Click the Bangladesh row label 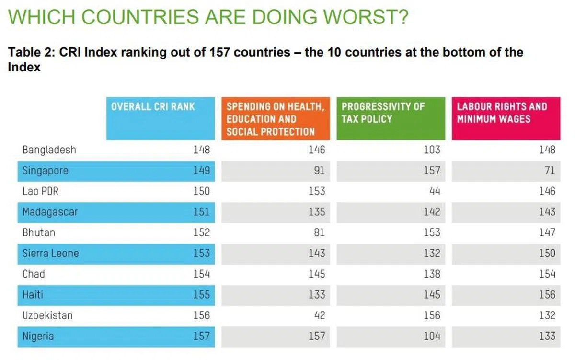pyautogui.click(x=49, y=150)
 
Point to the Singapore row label pyautogui.click(x=46, y=170)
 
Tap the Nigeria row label pyautogui.click(x=38, y=336)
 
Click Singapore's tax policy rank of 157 pyautogui.click(x=431, y=170)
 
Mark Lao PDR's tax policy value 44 pyautogui.click(x=434, y=191)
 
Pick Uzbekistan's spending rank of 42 pyautogui.click(x=319, y=315)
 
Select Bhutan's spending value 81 pyautogui.click(x=319, y=232)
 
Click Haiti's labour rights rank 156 pyautogui.click(x=547, y=295)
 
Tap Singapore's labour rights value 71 pyautogui.click(x=550, y=170)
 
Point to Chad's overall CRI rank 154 pyautogui.click(x=201, y=274)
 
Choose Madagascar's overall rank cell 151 pyautogui.click(x=201, y=212)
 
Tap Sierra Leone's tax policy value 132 pyautogui.click(x=431, y=253)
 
